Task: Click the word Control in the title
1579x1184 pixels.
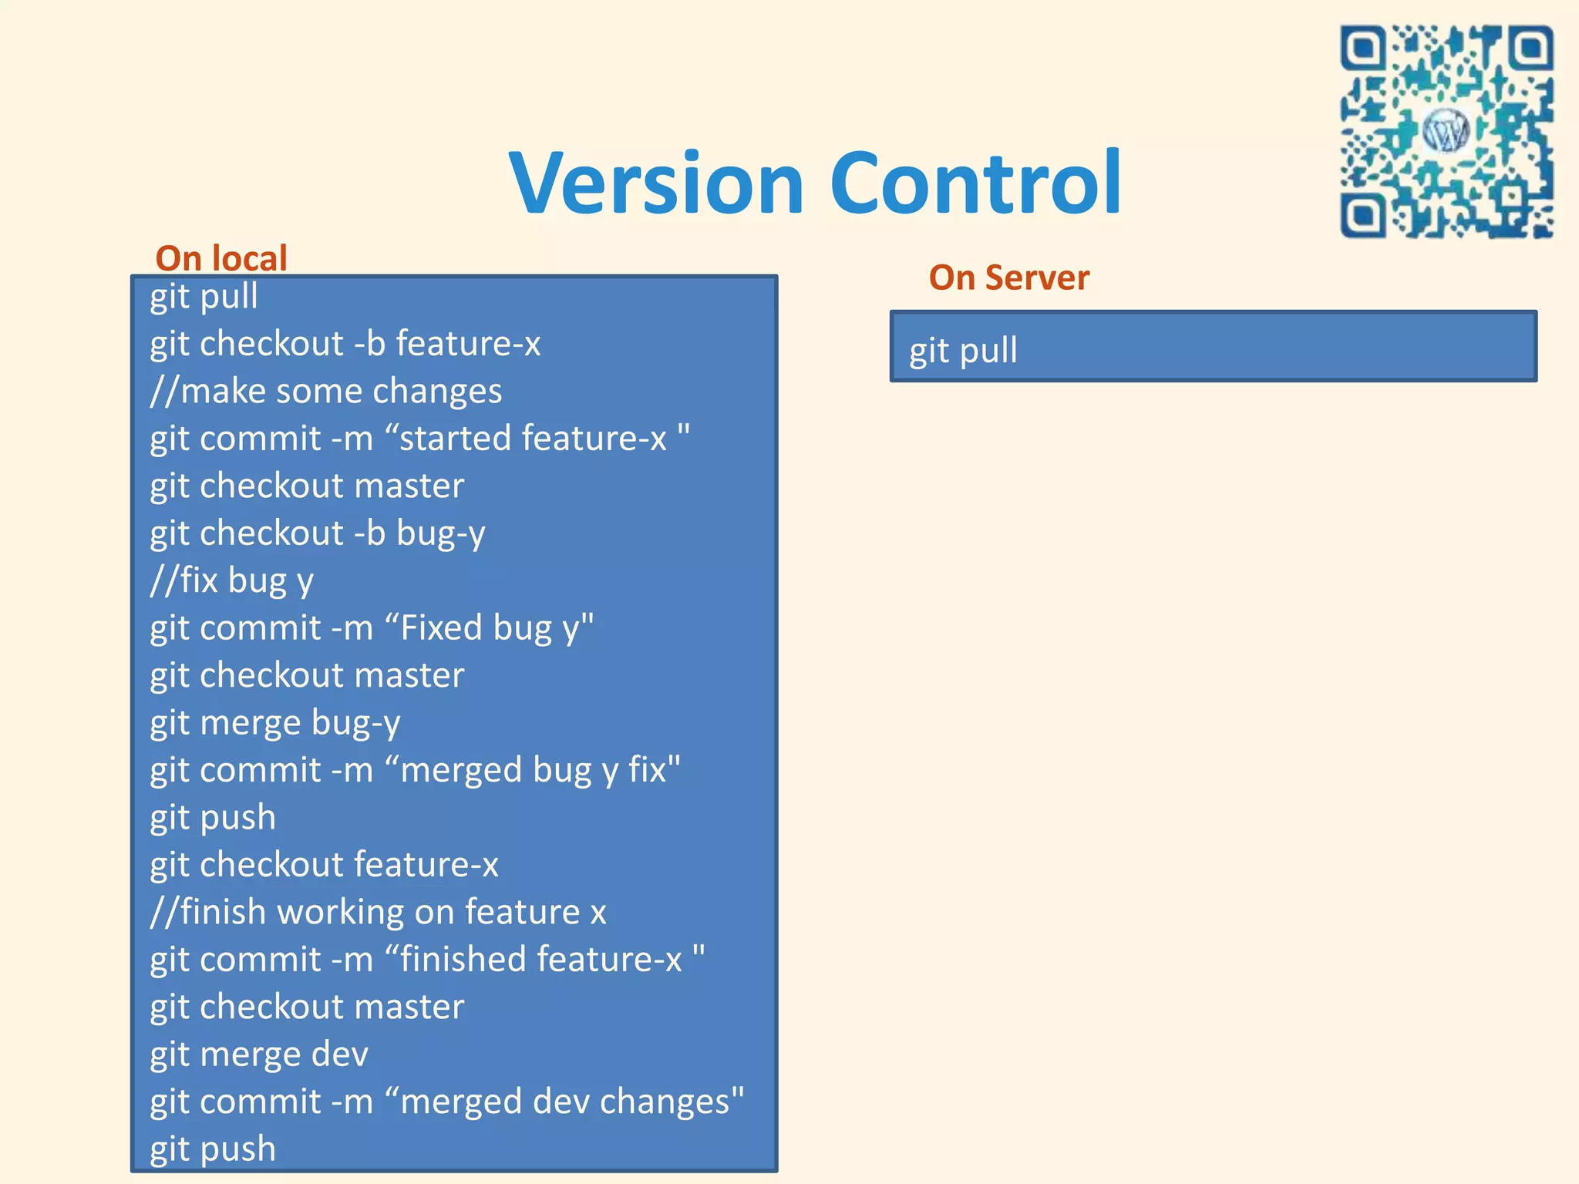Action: [975, 183]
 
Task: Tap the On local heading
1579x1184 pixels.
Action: [221, 258]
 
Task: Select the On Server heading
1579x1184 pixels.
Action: [1008, 277]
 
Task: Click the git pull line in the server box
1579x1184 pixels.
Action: [963, 351]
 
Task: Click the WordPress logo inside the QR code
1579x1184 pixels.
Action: [1446, 132]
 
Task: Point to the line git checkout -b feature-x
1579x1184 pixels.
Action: [345, 344]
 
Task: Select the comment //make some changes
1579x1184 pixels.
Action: [325, 391]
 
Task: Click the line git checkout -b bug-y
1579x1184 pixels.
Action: [317, 533]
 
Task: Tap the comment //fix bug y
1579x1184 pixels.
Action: [231, 580]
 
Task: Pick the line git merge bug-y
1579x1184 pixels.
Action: [274, 723]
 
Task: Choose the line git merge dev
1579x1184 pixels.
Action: [258, 1054]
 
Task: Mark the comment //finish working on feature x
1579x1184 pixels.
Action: [378, 913]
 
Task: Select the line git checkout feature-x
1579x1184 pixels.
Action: [324, 865]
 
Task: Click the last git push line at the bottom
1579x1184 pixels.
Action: [212, 1149]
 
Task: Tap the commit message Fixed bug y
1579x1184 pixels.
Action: [493, 628]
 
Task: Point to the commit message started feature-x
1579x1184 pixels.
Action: [540, 439]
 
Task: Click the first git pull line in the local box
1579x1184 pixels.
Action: [204, 297]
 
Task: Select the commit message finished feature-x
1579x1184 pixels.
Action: [547, 960]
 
